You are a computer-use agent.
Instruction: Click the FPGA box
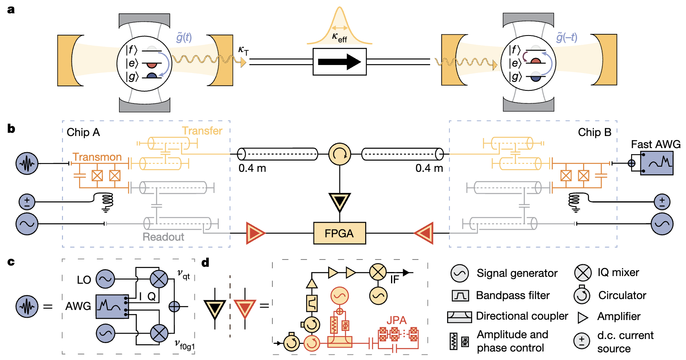tap(340, 233)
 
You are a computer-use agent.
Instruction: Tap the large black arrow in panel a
tap(340, 62)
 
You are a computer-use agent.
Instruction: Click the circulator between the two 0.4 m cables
tap(340, 154)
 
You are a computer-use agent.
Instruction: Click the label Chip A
tap(83, 132)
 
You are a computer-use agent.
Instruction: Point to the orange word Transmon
tap(97, 157)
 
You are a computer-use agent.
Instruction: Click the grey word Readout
tap(163, 237)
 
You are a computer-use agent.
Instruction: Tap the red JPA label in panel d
tap(396, 320)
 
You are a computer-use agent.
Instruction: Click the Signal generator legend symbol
tap(460, 273)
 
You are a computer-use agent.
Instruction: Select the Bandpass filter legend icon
tap(460, 296)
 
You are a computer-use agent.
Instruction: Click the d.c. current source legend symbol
tap(582, 341)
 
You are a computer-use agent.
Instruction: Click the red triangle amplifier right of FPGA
tap(424, 233)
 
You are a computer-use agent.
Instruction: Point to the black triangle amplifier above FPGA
tap(340, 202)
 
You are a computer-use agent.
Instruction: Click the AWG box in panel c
tap(113, 307)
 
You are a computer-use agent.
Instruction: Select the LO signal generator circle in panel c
tap(105, 279)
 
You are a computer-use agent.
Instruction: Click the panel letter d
tap(205, 262)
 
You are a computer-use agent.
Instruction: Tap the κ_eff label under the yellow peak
tap(340, 38)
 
